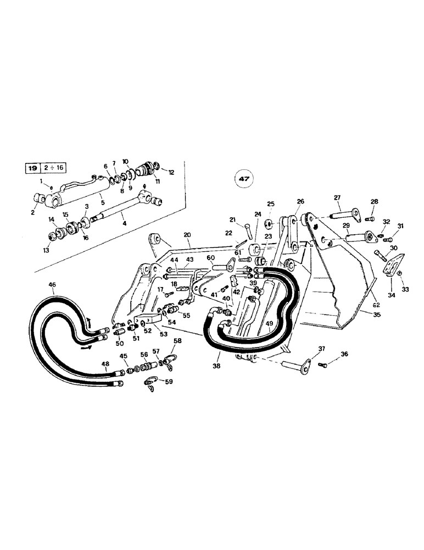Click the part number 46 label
[52, 285]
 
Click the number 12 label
[171, 172]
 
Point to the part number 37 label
[322, 348]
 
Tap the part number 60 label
[211, 257]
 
